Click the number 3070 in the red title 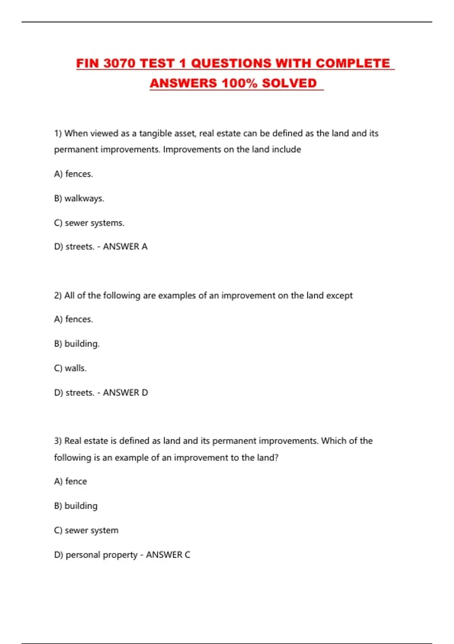(119, 63)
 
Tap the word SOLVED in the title (289, 83)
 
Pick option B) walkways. (79, 198)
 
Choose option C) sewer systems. (89, 223)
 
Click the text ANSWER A (125, 247)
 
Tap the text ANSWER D (125, 392)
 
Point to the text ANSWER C (168, 555)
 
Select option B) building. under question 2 (77, 344)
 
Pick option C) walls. (70, 368)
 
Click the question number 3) (58, 441)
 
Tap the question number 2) (58, 295)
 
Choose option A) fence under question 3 (70, 481)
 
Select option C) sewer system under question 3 (86, 530)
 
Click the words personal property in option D (101, 555)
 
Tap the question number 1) (58, 133)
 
